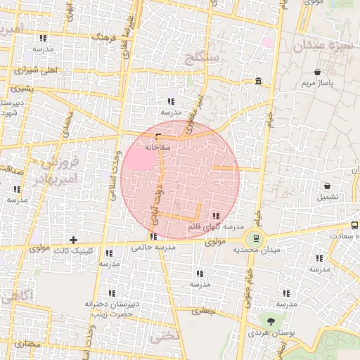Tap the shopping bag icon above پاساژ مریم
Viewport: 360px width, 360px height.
tap(318, 72)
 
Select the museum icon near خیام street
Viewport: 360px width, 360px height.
tap(259, 82)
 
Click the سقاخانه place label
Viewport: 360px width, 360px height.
tap(157, 148)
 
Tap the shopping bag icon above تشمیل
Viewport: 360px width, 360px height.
tap(328, 186)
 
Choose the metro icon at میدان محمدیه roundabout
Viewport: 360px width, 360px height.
tap(256, 238)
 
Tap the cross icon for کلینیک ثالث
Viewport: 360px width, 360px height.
tap(73, 240)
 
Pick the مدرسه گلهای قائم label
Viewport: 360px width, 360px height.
tap(215, 227)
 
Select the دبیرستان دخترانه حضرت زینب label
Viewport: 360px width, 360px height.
tap(109, 309)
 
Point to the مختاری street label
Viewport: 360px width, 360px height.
tap(28, 344)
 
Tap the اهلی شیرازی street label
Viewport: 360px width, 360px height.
tap(34, 70)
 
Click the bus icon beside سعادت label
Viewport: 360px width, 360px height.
tap(354, 226)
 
